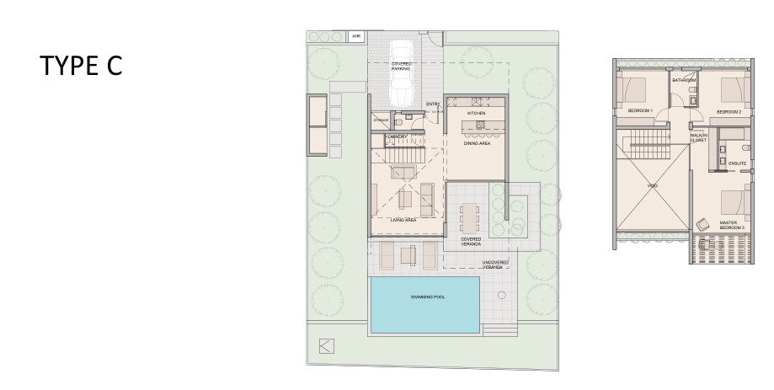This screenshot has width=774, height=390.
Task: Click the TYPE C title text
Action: (81, 66)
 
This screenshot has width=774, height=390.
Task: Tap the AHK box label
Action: (355, 37)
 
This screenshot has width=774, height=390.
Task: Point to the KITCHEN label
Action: (477, 113)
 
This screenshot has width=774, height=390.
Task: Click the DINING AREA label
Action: (477, 144)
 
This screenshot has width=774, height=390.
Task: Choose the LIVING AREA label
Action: (404, 220)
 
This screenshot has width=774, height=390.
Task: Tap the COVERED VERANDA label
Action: (472, 242)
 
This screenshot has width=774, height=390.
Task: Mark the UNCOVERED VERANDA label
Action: (495, 264)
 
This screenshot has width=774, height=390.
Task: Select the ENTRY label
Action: (433, 104)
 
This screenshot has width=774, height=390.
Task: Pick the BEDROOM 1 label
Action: (640, 111)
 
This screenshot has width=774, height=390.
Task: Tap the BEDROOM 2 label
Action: (728, 111)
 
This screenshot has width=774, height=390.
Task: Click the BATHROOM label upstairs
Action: (683, 81)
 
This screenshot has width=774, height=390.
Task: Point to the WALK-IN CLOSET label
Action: (698, 137)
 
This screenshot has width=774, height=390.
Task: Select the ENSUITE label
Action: (737, 163)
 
